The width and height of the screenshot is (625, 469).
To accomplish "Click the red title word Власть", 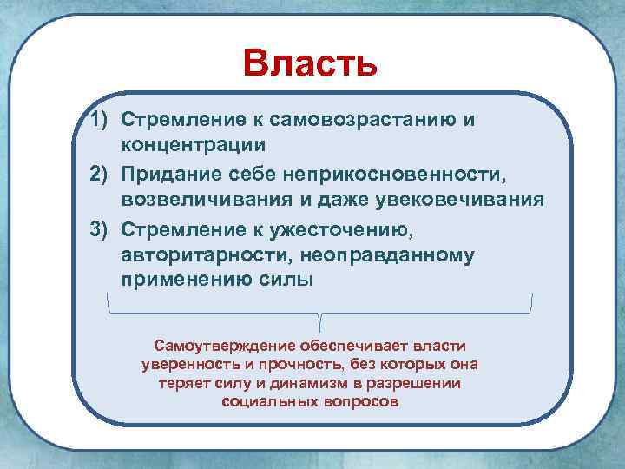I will tap(310, 63).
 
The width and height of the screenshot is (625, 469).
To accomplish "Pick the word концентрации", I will tap(194, 144).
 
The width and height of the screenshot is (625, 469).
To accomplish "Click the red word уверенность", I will tap(185, 364).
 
